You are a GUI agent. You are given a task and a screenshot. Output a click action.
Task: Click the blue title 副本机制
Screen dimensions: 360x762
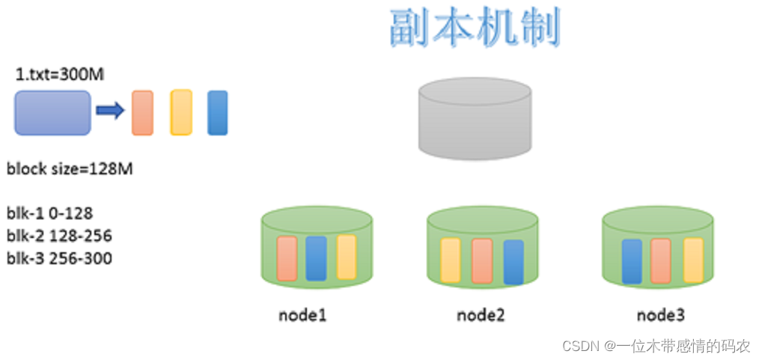475,28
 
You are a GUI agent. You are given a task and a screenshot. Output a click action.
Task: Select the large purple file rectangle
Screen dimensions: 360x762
52,112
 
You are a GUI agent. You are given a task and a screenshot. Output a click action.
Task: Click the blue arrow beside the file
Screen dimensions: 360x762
110,112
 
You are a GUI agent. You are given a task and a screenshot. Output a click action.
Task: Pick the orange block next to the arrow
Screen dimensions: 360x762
142,112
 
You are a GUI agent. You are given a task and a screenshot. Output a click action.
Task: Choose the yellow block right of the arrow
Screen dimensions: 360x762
181,112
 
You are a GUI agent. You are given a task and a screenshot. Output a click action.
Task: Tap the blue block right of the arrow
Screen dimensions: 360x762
217,112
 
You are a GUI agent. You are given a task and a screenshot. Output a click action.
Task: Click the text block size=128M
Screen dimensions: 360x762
70,168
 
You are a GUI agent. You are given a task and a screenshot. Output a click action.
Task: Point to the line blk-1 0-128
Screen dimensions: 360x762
49,213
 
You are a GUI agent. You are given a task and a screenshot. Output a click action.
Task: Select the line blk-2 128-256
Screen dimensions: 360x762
59,236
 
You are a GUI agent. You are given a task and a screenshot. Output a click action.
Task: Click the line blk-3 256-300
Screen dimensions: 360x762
59,259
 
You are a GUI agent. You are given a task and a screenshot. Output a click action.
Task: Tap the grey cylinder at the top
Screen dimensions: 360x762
475,120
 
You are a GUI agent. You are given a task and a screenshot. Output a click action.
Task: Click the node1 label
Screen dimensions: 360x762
302,314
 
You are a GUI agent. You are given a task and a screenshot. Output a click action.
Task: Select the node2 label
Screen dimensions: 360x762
481,314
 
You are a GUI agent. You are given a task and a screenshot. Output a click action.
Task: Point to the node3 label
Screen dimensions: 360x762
660,314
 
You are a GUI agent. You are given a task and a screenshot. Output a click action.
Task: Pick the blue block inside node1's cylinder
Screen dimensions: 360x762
316,258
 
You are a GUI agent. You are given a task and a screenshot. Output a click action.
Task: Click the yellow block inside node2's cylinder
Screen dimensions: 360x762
450,260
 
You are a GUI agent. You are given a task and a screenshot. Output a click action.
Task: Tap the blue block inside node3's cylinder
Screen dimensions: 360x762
632,261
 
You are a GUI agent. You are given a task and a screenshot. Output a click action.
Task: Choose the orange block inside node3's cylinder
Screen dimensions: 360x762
660,260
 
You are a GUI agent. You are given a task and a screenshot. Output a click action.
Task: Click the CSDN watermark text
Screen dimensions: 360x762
656,346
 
